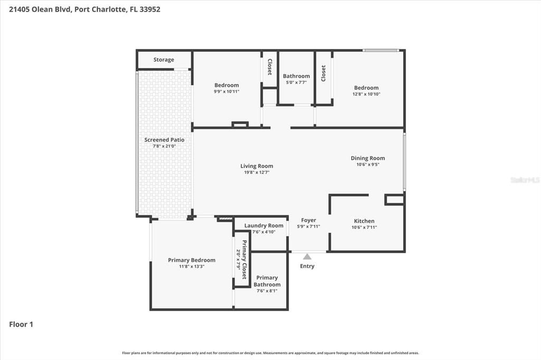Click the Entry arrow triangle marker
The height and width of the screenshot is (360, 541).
(307, 257)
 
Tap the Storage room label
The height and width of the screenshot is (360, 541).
(164, 60)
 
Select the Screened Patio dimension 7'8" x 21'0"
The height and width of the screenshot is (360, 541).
(164, 146)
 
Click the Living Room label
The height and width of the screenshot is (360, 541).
(257, 166)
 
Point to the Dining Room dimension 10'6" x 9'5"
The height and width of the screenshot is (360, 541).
(368, 165)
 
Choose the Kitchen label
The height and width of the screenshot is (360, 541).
(364, 221)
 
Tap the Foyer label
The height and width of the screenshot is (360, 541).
(309, 220)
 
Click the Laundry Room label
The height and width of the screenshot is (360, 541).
(264, 225)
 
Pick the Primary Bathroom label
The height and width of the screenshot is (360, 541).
(267, 281)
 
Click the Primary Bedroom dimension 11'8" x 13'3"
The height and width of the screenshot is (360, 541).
(191, 267)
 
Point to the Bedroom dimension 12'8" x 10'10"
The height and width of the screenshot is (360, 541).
(366, 94)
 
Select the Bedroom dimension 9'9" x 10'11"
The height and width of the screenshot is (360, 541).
(226, 91)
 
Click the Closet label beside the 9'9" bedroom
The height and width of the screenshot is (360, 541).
(269, 67)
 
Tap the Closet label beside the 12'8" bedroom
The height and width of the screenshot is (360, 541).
(323, 73)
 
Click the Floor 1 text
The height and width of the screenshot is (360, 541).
(21, 325)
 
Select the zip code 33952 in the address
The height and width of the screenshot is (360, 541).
(150, 9)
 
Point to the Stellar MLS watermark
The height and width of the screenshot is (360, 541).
(525, 180)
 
